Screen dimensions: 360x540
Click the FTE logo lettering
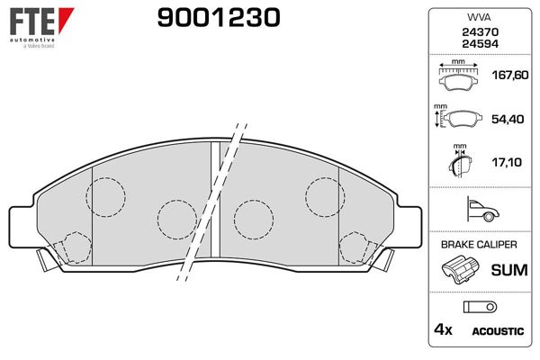30,21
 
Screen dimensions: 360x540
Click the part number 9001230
219,18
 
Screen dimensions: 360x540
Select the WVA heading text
475,16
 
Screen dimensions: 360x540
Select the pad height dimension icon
459,119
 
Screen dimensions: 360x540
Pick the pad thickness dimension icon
459,163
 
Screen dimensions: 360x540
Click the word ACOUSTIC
498,331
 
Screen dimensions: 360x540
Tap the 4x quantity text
444,330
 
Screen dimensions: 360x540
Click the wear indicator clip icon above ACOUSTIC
474,306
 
